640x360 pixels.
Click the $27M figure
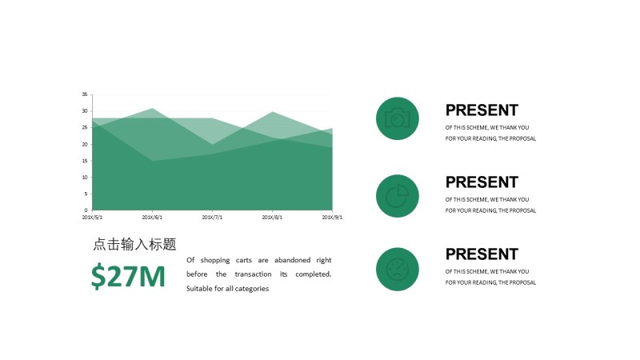pyautogui.click(x=128, y=276)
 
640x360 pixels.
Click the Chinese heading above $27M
pyautogui.click(x=134, y=245)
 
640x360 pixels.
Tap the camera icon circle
pyautogui.click(x=398, y=118)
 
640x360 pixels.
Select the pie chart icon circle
pyautogui.click(x=398, y=196)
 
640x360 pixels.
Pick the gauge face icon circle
pyautogui.click(x=398, y=269)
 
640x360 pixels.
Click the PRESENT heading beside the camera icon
pyautogui.click(x=482, y=110)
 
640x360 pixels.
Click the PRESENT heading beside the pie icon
pyautogui.click(x=482, y=182)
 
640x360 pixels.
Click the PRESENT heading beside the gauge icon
pyautogui.click(x=482, y=254)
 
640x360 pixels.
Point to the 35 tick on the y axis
pyautogui.click(x=85, y=94)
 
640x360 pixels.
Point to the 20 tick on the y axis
pyautogui.click(x=85, y=144)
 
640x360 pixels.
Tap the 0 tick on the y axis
pyautogui.click(x=86, y=210)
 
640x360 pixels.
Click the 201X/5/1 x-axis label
pyautogui.click(x=93, y=217)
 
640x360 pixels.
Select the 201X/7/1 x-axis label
pyautogui.click(x=212, y=217)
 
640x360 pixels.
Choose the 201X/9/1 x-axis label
pyautogui.click(x=332, y=217)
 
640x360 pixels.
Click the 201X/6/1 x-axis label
pyautogui.click(x=152, y=217)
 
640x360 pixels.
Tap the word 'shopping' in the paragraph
pyautogui.click(x=215, y=260)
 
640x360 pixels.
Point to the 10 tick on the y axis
pyautogui.click(x=85, y=177)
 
